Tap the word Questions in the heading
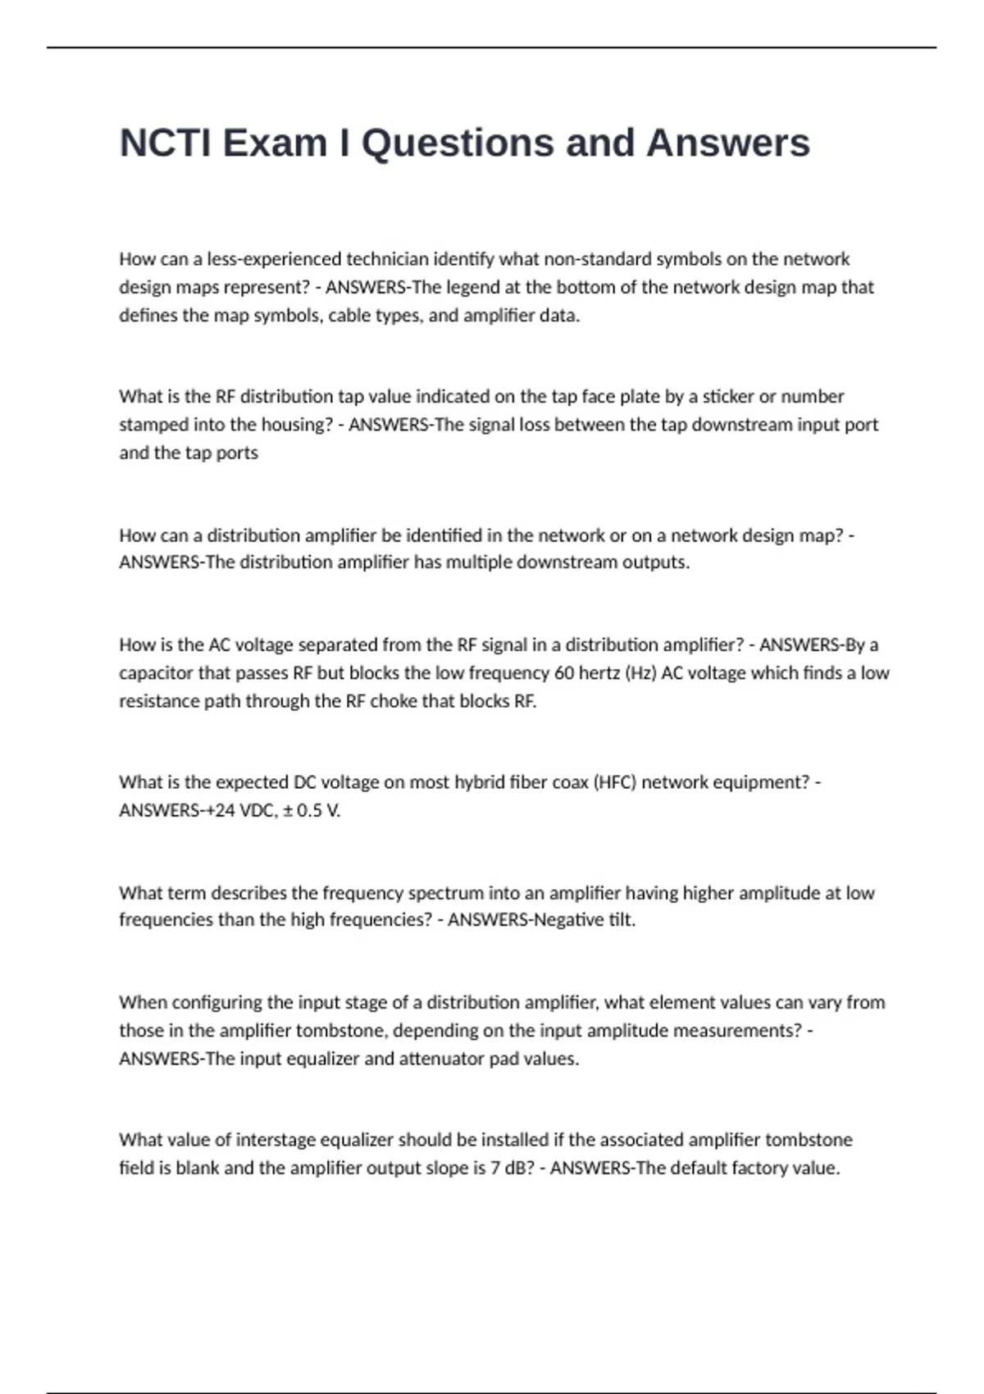[458, 143]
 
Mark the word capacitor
[156, 673]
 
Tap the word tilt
[621, 920]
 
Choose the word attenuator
[441, 1059]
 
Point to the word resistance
[157, 701]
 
